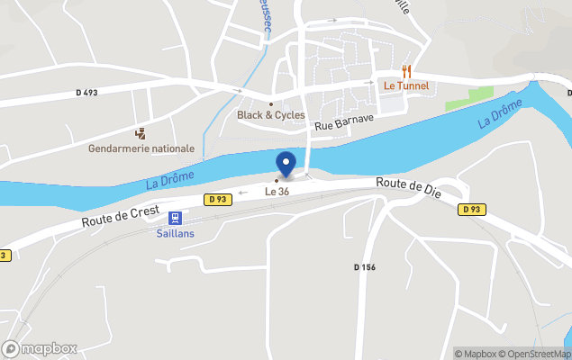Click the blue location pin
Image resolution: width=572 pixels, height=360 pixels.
pyautogui.click(x=286, y=165)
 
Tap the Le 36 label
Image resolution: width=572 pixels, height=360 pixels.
pyautogui.click(x=277, y=192)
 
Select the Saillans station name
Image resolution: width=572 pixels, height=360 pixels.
pyautogui.click(x=176, y=233)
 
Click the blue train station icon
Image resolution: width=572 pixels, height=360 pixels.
pyautogui.click(x=175, y=217)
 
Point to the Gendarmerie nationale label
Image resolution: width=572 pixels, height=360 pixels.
pyautogui.click(x=141, y=148)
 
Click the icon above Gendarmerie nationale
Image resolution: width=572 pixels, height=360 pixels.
pyautogui.click(x=140, y=133)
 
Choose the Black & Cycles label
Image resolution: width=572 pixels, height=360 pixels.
pyautogui.click(x=270, y=115)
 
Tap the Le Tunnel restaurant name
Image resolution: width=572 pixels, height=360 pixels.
pyautogui.click(x=405, y=85)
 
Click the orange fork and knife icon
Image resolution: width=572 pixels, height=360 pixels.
pyautogui.click(x=406, y=70)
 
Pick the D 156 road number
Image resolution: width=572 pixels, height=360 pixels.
pyautogui.click(x=364, y=266)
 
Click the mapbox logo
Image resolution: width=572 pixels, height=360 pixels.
pyautogui.click(x=40, y=348)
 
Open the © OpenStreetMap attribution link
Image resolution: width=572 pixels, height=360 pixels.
pyautogui.click(x=538, y=354)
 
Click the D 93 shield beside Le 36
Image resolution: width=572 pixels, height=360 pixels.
pyautogui.click(x=216, y=199)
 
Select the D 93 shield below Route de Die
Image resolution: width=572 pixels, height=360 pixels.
pyautogui.click(x=469, y=210)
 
